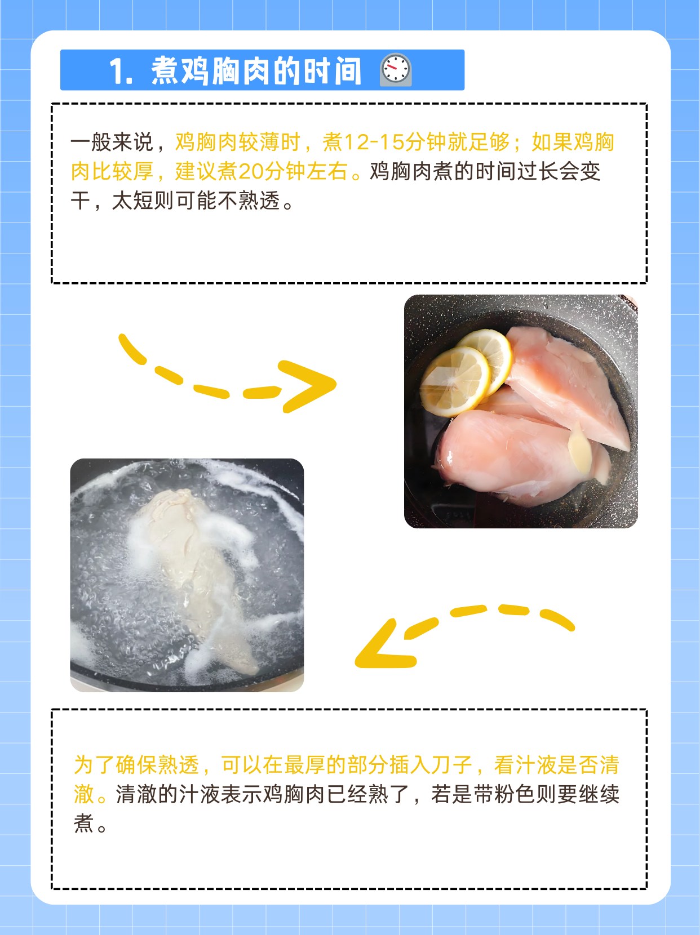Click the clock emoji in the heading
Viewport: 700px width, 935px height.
(396, 70)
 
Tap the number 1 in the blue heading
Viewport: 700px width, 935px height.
(117, 72)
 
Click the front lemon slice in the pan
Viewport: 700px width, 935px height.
(454, 381)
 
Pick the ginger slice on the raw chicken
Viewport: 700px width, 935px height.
(579, 448)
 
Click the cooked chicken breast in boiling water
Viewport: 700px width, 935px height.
(197, 569)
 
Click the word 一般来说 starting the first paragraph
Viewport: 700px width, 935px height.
(112, 143)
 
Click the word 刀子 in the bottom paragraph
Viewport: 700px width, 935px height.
(451, 765)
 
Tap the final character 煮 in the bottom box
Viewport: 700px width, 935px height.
(83, 823)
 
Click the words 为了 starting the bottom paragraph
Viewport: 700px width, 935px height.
(94, 765)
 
